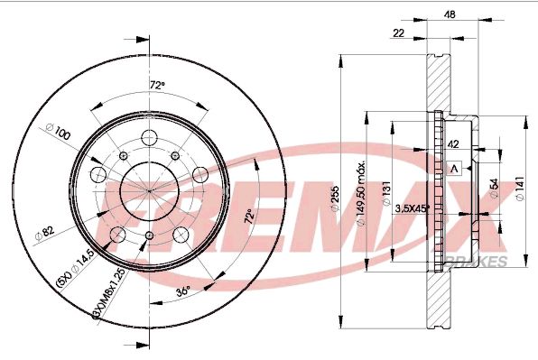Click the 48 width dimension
449,14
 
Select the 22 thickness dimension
398,33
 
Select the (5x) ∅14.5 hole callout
76,265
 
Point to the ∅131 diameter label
385,195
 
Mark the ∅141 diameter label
518,187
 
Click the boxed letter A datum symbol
455,169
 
